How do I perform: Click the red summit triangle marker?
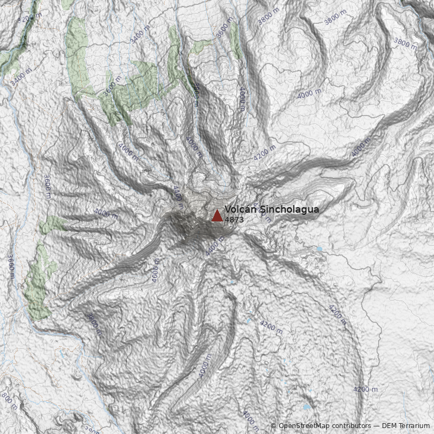click(x=217, y=216)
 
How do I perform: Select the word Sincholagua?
click(x=289, y=209)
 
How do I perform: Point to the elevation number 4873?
click(x=234, y=220)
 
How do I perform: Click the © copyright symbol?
click(x=273, y=426)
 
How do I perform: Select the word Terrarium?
click(x=412, y=426)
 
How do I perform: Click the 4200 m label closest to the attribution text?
click(x=365, y=390)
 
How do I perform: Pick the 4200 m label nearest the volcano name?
click(x=265, y=153)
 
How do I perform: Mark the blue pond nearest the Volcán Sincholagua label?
click(x=319, y=249)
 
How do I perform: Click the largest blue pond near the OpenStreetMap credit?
click(x=307, y=406)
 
